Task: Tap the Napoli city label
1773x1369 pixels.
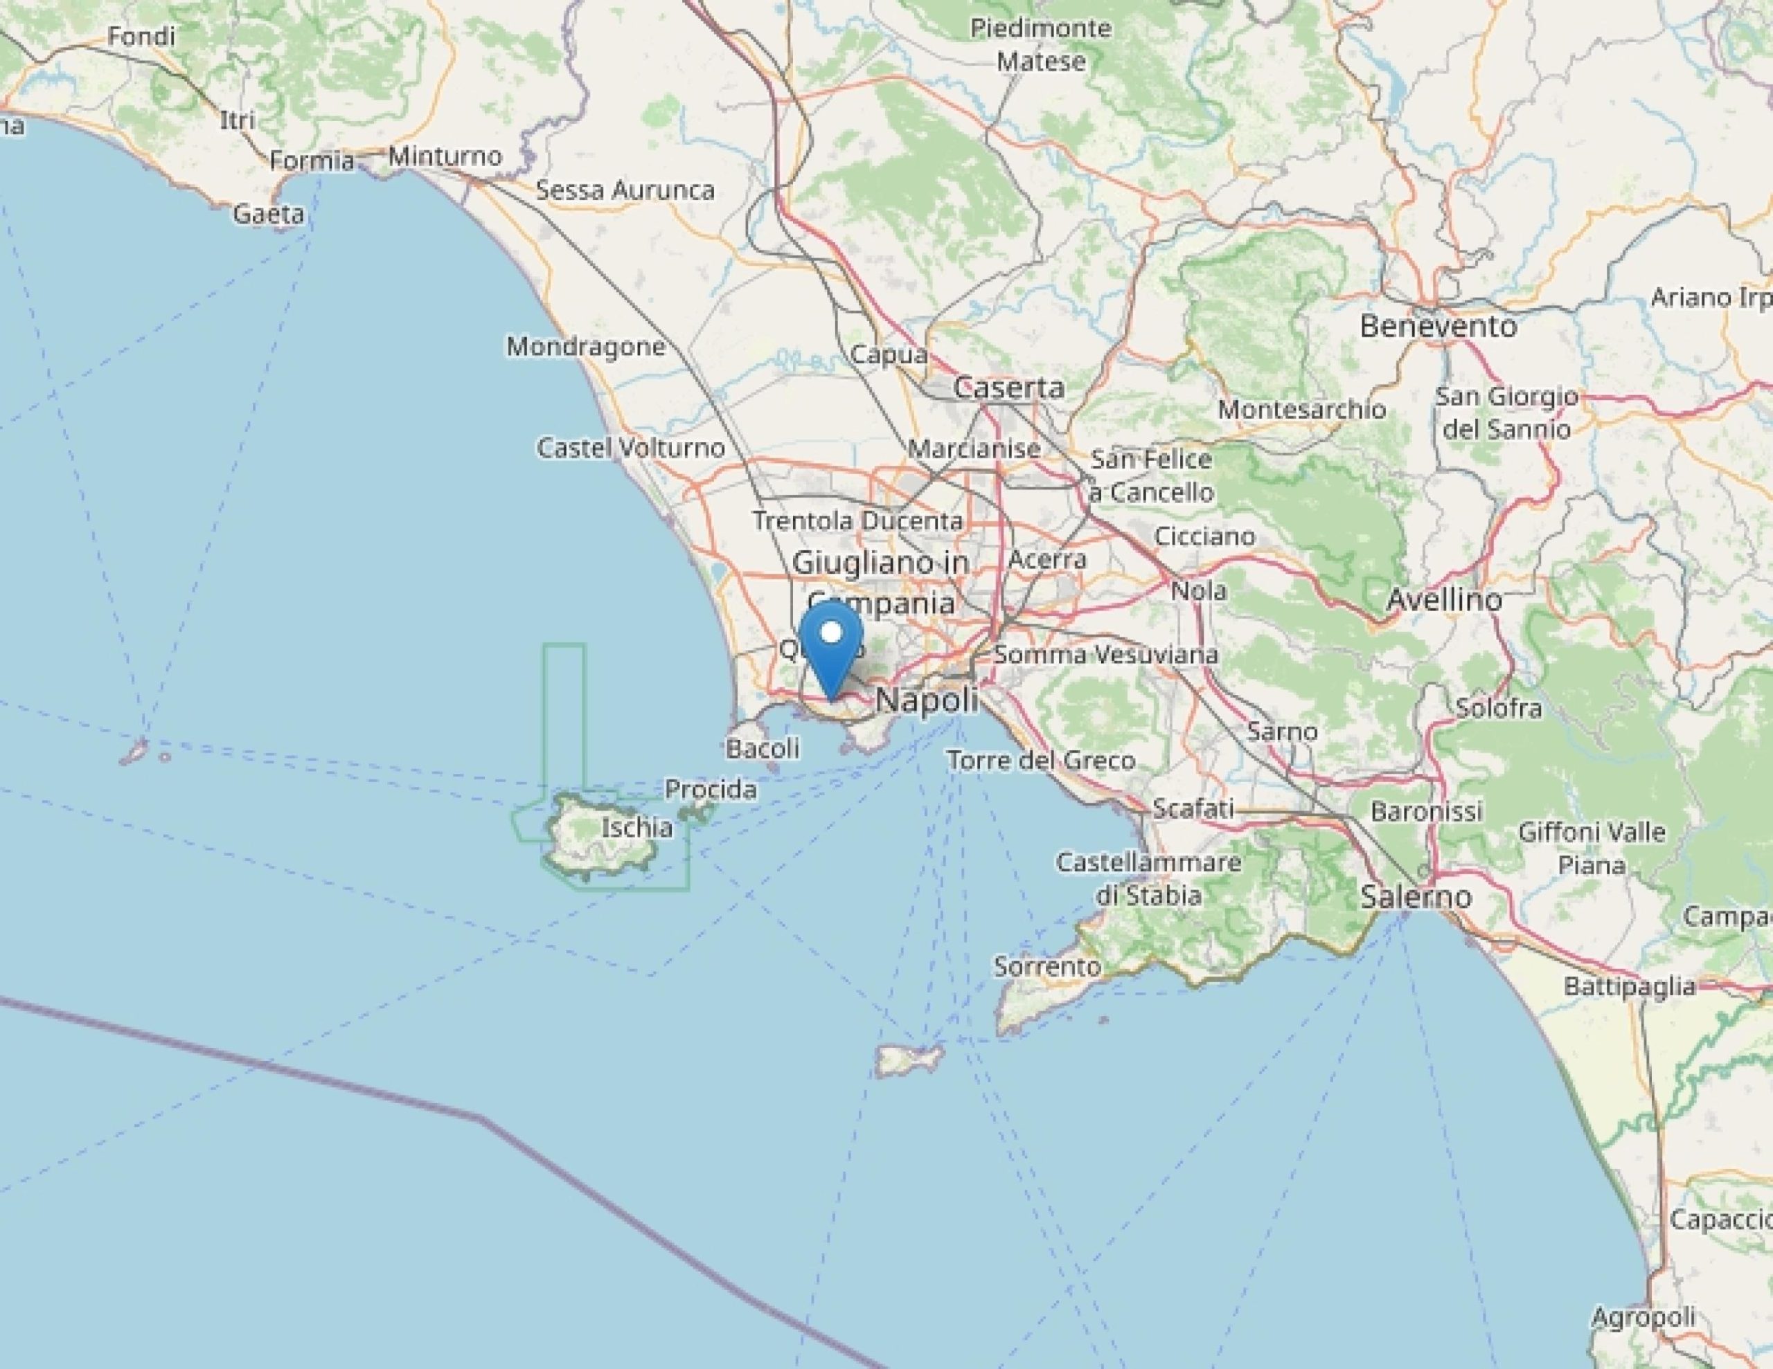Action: pyautogui.click(x=926, y=700)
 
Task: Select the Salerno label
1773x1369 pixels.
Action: pyautogui.click(x=1416, y=897)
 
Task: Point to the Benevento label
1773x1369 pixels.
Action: pyautogui.click(x=1438, y=326)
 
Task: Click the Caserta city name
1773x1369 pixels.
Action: pyautogui.click(x=1008, y=387)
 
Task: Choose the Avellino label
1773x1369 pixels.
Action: pyautogui.click(x=1444, y=599)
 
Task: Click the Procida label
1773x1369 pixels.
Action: pyautogui.click(x=711, y=789)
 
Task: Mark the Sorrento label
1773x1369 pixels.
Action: pyautogui.click(x=1047, y=966)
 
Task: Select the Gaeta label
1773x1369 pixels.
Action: pyautogui.click(x=269, y=215)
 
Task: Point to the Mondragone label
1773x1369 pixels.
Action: pyautogui.click(x=586, y=347)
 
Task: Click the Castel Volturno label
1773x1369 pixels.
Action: pyautogui.click(x=631, y=448)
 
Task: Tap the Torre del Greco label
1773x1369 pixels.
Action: pyautogui.click(x=1041, y=761)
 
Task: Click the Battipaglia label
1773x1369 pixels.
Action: pyautogui.click(x=1630, y=986)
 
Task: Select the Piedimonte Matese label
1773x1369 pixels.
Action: pyautogui.click(x=1041, y=44)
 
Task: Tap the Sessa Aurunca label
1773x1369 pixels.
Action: pyautogui.click(x=625, y=191)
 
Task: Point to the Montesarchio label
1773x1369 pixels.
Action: pyautogui.click(x=1301, y=410)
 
